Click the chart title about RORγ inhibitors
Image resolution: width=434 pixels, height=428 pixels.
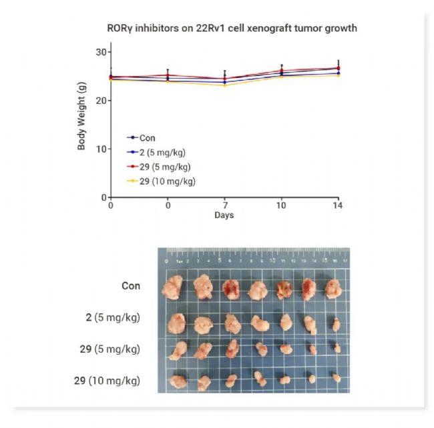pos(232,29)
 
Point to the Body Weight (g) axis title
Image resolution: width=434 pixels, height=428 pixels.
pos(81,124)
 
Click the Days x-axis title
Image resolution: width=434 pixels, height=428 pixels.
pos(224,215)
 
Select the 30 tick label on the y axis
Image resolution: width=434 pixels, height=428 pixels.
pos(101,52)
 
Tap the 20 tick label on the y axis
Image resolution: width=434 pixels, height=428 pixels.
pos(101,101)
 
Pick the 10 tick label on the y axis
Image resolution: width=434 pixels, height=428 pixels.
pos(101,149)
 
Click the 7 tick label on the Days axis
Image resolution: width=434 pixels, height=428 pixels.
pos(225,206)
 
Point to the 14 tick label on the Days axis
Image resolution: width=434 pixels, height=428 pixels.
pos(339,206)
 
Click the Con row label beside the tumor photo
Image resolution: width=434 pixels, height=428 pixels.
pos(131,286)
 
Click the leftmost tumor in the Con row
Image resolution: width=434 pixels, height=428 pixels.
pos(174,288)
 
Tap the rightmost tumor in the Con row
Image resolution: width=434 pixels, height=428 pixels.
pos(333,289)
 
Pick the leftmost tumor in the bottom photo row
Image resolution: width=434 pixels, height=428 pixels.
pos(178,381)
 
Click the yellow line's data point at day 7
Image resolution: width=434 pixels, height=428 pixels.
pos(225,85)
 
